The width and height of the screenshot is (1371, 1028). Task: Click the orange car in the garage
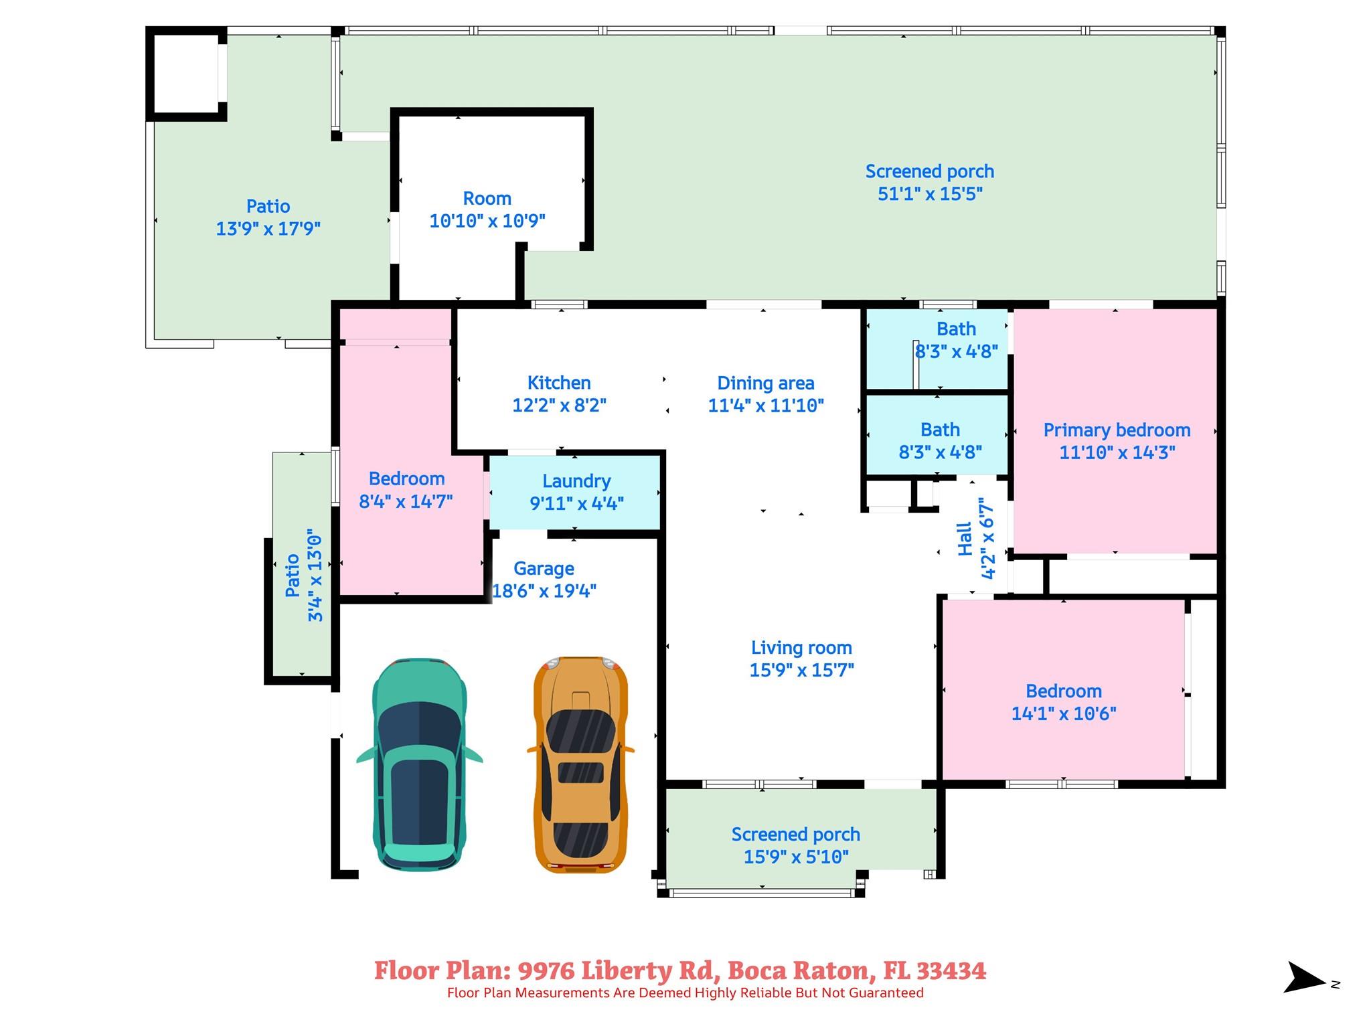click(580, 764)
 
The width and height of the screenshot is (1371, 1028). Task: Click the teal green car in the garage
click(419, 764)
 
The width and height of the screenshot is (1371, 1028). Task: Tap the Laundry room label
click(576, 481)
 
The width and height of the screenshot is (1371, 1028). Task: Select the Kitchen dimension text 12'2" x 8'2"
click(559, 406)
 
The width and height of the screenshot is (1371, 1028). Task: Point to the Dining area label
click(766, 383)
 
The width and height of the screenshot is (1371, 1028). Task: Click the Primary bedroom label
click(1117, 430)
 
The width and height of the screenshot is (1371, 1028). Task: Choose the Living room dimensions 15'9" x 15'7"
click(801, 670)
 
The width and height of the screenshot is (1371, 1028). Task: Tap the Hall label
click(965, 539)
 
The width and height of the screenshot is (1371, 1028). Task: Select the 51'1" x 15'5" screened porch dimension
click(930, 194)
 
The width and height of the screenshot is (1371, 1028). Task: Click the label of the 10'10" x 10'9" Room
click(487, 199)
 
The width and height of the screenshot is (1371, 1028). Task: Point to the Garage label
click(544, 569)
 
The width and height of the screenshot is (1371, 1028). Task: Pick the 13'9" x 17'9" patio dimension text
click(268, 229)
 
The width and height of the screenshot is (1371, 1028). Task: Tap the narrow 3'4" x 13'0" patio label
click(293, 576)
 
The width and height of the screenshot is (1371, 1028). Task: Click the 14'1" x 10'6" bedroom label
click(1064, 691)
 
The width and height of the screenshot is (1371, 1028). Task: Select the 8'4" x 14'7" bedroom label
click(406, 479)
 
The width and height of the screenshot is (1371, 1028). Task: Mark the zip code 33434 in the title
click(951, 971)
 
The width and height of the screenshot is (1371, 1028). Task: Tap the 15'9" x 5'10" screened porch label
click(796, 835)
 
